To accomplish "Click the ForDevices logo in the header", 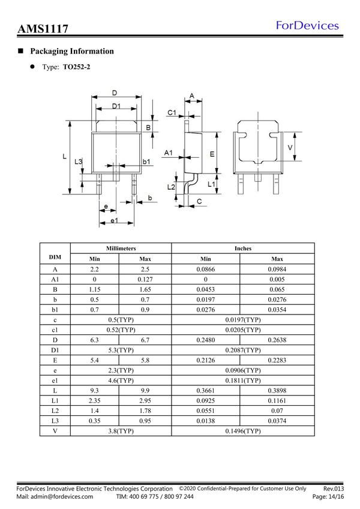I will [x=307, y=25].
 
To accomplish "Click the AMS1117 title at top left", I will [x=42, y=29].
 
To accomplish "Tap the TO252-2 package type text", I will [x=77, y=68].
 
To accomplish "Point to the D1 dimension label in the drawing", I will [x=116, y=106].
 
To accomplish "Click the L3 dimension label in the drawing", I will [x=78, y=162].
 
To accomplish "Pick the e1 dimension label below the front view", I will [x=113, y=221].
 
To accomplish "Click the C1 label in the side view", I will [x=171, y=113].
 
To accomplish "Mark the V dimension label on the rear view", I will [x=290, y=148].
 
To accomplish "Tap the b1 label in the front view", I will [x=146, y=161].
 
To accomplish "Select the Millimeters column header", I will [x=121, y=248].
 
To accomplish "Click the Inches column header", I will [x=243, y=248].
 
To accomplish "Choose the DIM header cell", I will [x=55, y=258].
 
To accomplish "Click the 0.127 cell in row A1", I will [x=146, y=279].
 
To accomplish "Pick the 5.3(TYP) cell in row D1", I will [x=121, y=349].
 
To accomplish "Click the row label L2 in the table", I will [x=55, y=411].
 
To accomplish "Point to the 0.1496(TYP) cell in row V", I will [x=243, y=431].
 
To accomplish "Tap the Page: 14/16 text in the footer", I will [x=328, y=497].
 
